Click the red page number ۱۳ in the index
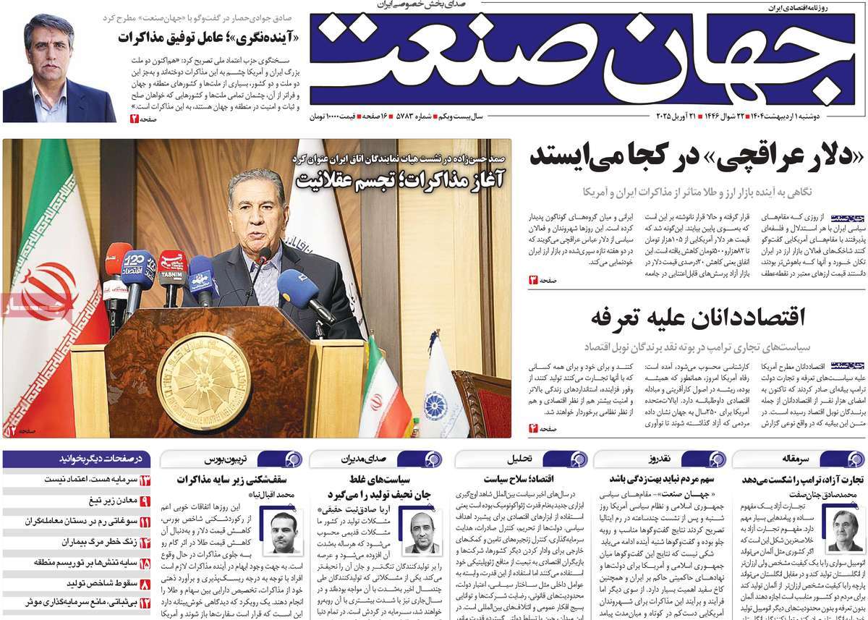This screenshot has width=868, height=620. pos(145,480)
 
